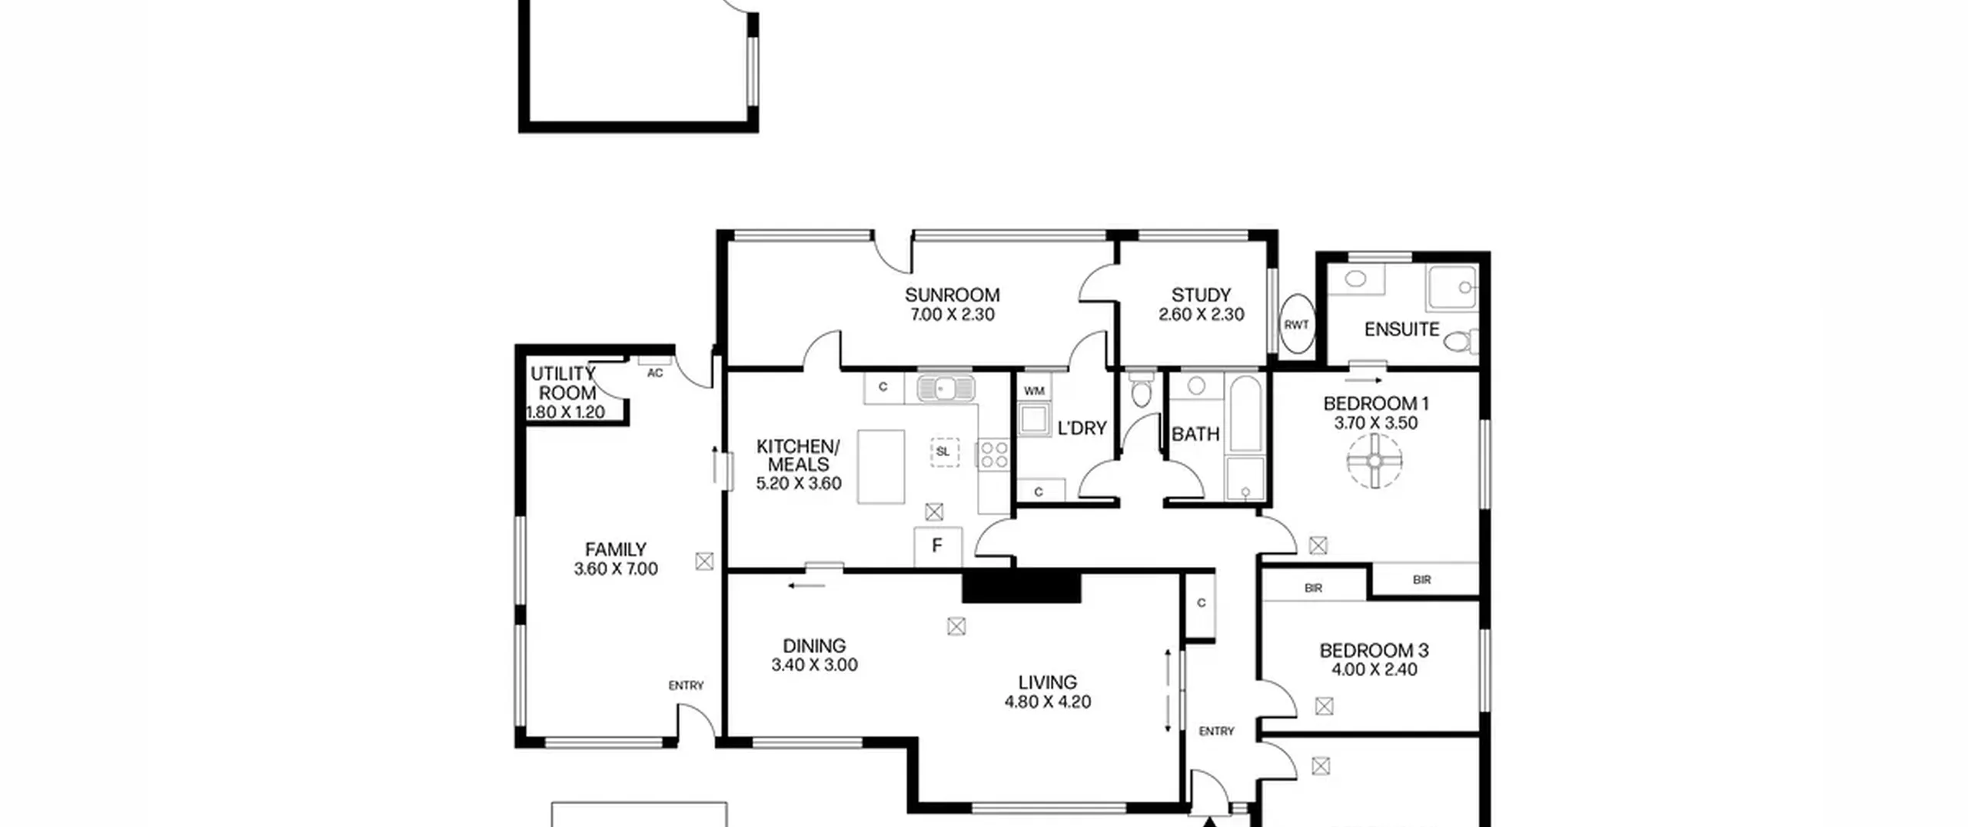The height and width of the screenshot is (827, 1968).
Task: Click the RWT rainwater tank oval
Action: click(1296, 325)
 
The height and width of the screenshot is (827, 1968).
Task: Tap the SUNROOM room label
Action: click(952, 295)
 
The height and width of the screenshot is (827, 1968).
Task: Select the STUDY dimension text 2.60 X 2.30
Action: click(1201, 315)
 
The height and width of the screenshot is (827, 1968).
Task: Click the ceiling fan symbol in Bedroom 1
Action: click(1375, 461)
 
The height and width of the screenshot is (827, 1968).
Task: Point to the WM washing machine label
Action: click(1034, 391)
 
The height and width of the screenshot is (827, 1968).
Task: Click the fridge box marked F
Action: click(937, 547)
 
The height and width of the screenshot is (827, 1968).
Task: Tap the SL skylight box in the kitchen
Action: click(943, 452)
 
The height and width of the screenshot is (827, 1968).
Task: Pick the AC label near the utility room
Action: click(654, 374)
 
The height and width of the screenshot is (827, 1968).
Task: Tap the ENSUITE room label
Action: click(1401, 330)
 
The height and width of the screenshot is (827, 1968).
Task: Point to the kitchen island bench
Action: click(881, 467)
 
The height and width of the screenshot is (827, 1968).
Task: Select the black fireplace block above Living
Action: click(1022, 587)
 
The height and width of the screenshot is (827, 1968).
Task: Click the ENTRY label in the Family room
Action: click(686, 685)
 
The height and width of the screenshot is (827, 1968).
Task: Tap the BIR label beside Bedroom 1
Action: click(1421, 580)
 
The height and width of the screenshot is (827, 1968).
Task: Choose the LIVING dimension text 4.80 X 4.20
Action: click(1047, 702)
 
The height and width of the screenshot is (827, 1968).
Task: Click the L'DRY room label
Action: click(1082, 429)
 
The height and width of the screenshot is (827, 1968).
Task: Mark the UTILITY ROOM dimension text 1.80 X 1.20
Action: click(566, 412)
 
